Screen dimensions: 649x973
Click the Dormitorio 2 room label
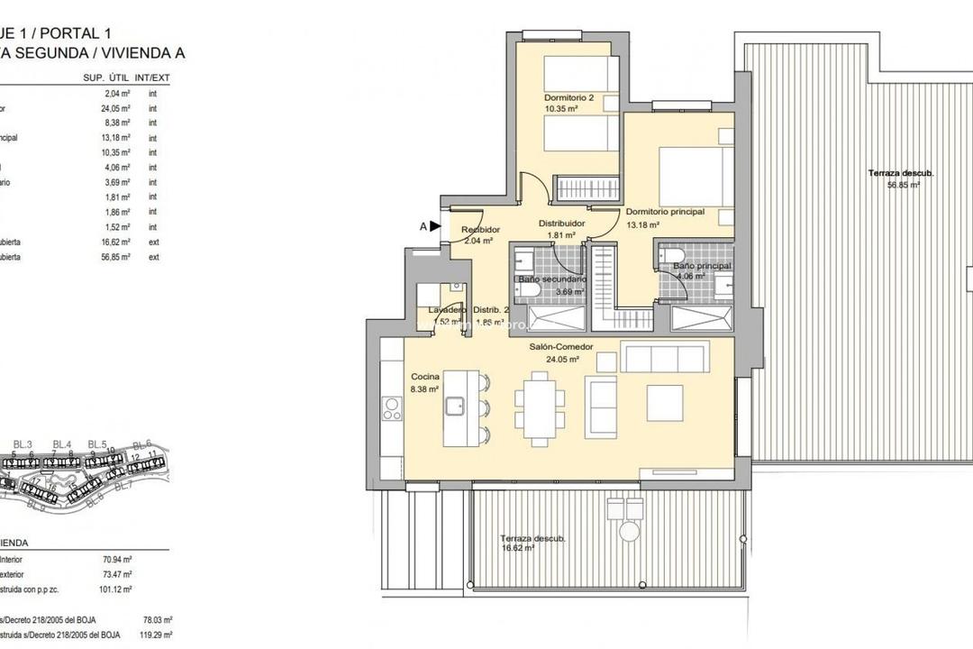[568, 97]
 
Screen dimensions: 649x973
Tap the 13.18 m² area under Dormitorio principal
[643, 225]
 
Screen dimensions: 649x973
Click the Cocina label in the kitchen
[425, 377]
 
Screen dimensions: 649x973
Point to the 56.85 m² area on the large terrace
[902, 185]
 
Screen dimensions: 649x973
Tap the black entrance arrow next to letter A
[435, 227]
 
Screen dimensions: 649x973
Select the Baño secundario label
[552, 279]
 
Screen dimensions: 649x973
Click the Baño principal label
[701, 267]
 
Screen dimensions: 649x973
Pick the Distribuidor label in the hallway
[562, 223]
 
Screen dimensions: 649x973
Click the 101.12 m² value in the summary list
[117, 590]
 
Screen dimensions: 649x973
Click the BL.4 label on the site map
[61, 443]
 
